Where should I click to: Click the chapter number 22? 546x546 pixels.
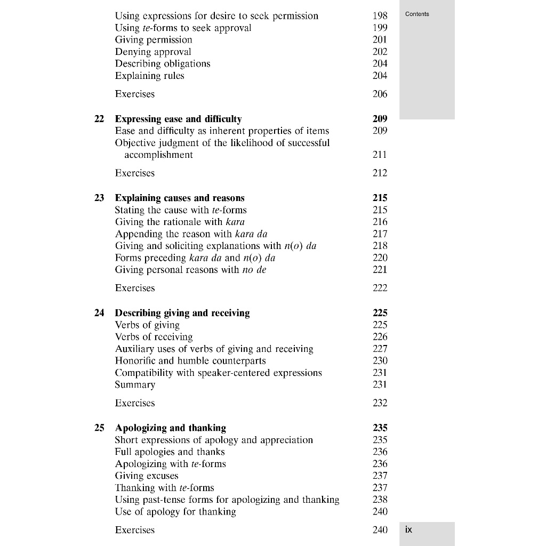pyautogui.click(x=99, y=119)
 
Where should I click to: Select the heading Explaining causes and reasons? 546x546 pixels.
pyautogui.click(x=180, y=198)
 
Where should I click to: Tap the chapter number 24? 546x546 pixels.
pyautogui.click(x=99, y=313)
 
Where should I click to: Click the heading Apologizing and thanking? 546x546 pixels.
pyautogui.click(x=170, y=428)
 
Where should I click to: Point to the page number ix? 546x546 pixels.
pyautogui.click(x=408, y=529)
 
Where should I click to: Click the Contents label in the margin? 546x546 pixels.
pyautogui.click(x=417, y=14)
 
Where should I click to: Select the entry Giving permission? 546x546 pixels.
pyautogui.click(x=154, y=39)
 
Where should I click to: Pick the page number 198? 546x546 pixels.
pyautogui.click(x=380, y=16)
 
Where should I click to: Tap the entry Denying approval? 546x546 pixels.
pyautogui.click(x=153, y=52)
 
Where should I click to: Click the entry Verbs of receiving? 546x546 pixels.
pyautogui.click(x=154, y=337)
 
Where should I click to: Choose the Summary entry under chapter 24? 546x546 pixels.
pyautogui.click(x=135, y=384)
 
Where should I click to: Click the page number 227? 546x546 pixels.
pyautogui.click(x=380, y=349)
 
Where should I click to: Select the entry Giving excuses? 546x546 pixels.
pyautogui.click(x=147, y=476)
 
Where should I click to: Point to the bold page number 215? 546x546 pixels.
pyautogui.click(x=380, y=198)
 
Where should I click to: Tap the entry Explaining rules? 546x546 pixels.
pyautogui.click(x=149, y=76)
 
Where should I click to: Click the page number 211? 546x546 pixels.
pyautogui.click(x=380, y=155)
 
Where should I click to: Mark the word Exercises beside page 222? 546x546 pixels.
pyautogui.click(x=135, y=288)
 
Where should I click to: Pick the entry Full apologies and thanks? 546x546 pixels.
pyautogui.click(x=170, y=452)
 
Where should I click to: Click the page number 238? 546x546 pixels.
pyautogui.click(x=380, y=500)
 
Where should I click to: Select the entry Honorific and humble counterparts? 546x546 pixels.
pyautogui.click(x=190, y=360)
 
